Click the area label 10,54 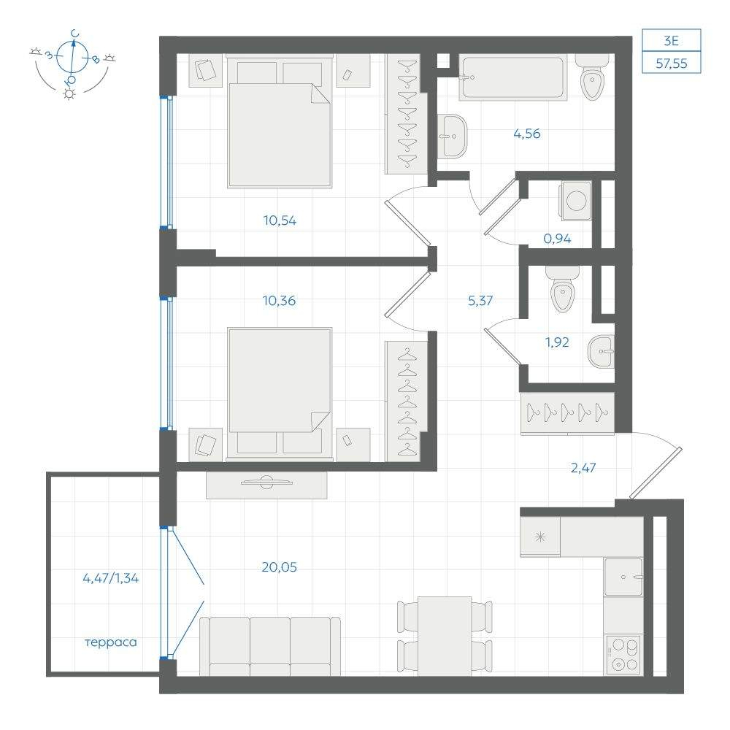click(280, 220)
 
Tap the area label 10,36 click(279, 301)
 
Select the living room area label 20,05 click(280, 567)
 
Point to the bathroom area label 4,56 click(527, 134)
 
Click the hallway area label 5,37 click(480, 301)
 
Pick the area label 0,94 click(557, 239)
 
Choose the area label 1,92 click(557, 342)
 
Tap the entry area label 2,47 click(583, 467)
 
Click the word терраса click(111, 642)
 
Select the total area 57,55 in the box click(672, 64)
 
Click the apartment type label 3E click(672, 41)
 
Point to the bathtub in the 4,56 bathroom click(513, 77)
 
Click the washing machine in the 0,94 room click(577, 201)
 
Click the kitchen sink click(624, 577)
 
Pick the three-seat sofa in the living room click(270, 646)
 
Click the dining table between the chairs click(445, 636)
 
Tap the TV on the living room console click(266, 483)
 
